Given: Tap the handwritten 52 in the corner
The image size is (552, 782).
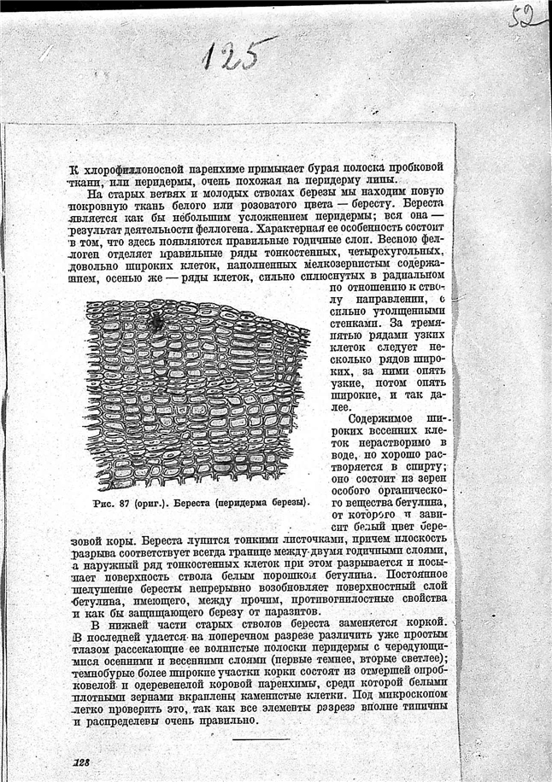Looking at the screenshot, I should click(x=524, y=15).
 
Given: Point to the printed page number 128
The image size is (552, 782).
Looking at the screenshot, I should click(x=82, y=762).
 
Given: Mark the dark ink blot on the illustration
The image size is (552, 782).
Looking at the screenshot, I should click(x=156, y=322).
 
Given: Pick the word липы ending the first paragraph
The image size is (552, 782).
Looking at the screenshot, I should click(x=383, y=180).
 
